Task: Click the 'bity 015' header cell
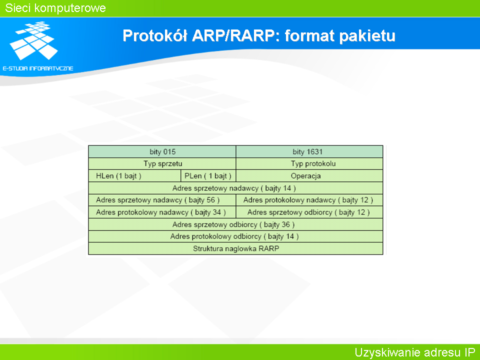(x=162, y=152)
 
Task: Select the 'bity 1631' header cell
(x=309, y=152)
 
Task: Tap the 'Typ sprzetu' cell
(x=162, y=164)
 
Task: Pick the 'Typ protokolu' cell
(x=309, y=164)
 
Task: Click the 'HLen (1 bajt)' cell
(x=134, y=176)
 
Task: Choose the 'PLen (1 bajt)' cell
(x=208, y=176)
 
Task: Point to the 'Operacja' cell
(x=309, y=176)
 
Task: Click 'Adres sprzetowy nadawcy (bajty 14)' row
(x=235, y=188)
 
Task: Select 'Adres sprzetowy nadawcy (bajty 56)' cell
(x=162, y=200)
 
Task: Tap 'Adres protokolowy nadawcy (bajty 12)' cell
(x=309, y=200)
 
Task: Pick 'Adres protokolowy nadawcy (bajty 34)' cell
(x=162, y=212)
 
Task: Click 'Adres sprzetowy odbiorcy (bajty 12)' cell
(x=309, y=212)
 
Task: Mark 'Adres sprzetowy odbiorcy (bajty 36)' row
(x=235, y=224)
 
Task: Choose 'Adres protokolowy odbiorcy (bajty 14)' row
(x=235, y=236)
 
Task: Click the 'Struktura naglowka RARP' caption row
(x=235, y=248)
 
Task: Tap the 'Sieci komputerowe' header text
(x=55, y=8)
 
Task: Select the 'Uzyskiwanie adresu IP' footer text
(x=415, y=352)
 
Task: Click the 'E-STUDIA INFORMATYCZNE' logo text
(x=38, y=68)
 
